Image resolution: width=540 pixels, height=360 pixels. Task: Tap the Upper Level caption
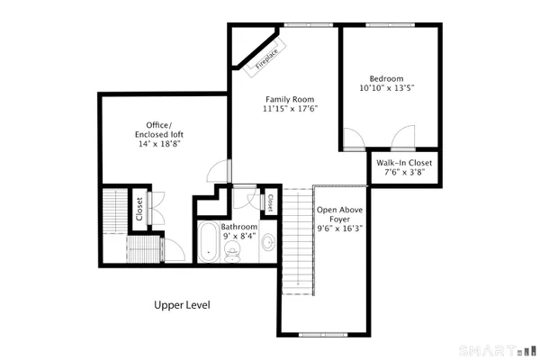pyautogui.click(x=182, y=305)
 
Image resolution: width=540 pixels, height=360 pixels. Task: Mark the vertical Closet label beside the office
pyautogui.click(x=139, y=209)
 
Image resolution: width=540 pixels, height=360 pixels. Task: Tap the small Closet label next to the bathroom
pyautogui.click(x=269, y=202)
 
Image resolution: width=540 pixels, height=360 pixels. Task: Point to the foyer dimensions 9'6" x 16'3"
pyautogui.click(x=339, y=229)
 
